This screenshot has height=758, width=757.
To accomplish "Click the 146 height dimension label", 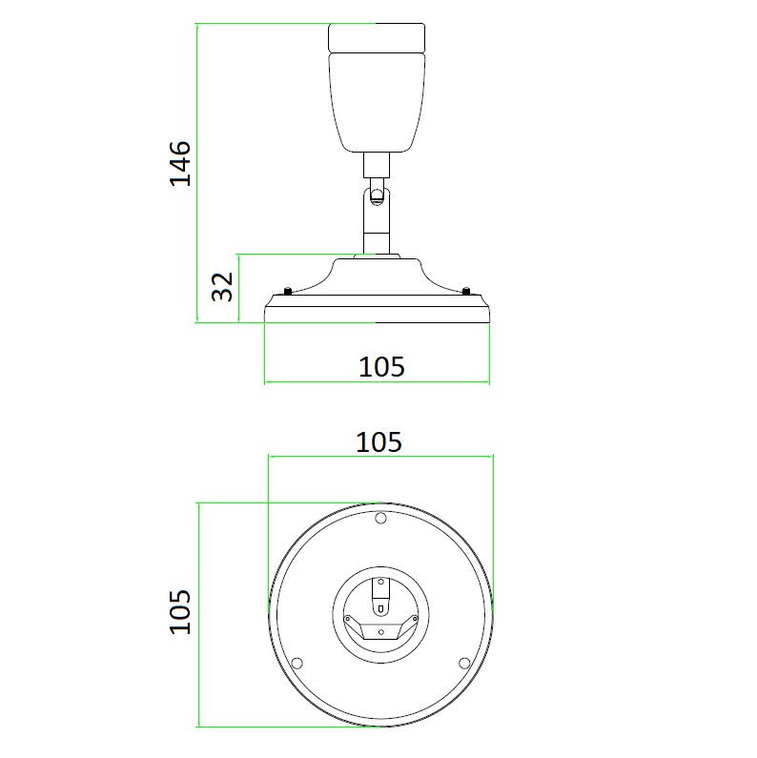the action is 180,163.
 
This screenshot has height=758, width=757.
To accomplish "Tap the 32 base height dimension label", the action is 222,286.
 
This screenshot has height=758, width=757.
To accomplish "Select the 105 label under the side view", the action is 381,366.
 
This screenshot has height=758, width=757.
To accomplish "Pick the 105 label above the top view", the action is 379,441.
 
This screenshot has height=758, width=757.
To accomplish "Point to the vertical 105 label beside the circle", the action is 180,611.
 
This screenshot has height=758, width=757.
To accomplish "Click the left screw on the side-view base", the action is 288,291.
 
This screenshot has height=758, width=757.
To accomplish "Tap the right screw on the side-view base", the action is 466,291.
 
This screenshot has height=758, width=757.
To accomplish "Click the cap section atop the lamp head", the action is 377,37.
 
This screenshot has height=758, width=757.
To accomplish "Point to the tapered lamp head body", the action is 377,102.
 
